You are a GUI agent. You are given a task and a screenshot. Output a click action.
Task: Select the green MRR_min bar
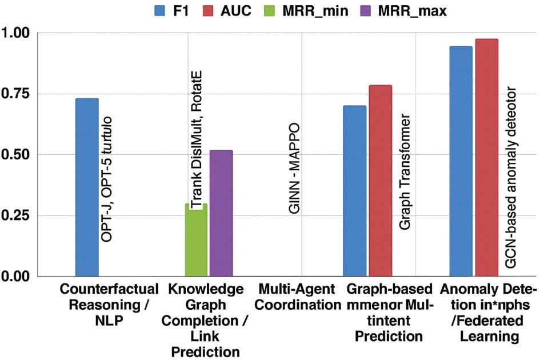[x=196, y=240]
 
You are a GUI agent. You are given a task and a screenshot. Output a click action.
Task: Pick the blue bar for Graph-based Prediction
[x=354, y=191]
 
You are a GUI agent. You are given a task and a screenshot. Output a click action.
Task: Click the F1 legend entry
[x=172, y=10]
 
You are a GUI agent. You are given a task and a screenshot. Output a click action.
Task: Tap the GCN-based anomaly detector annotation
[x=512, y=177]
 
